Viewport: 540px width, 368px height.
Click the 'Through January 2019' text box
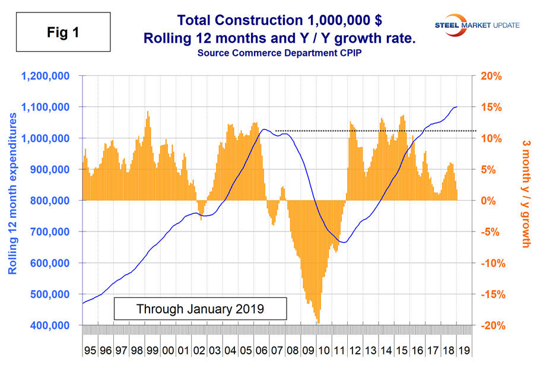(x=200, y=309)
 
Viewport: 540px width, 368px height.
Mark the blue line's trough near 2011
(x=344, y=242)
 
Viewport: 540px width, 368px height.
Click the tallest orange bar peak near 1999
(x=147, y=112)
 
